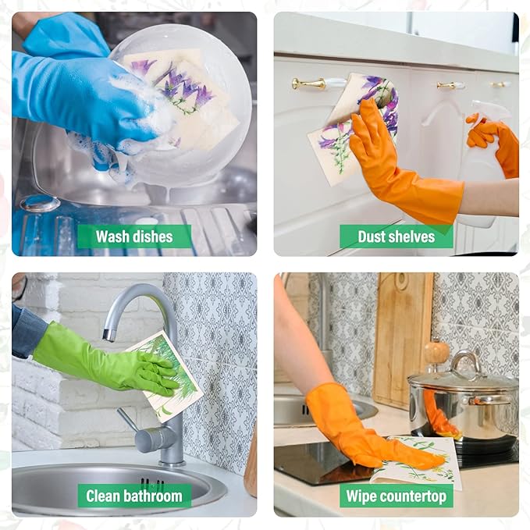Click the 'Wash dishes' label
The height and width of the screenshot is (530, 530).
[x=134, y=237]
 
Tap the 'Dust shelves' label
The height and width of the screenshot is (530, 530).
[x=397, y=237]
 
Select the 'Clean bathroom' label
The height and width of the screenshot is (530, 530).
[x=134, y=496]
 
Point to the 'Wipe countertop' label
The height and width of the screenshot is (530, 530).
[x=397, y=496]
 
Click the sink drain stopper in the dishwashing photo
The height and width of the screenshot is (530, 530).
[x=40, y=203]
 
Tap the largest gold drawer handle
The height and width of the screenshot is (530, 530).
[x=308, y=84]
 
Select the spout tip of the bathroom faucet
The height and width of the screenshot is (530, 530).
[x=108, y=335]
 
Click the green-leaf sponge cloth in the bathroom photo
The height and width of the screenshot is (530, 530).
[x=165, y=375]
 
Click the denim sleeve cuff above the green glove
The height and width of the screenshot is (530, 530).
[x=29, y=329]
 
